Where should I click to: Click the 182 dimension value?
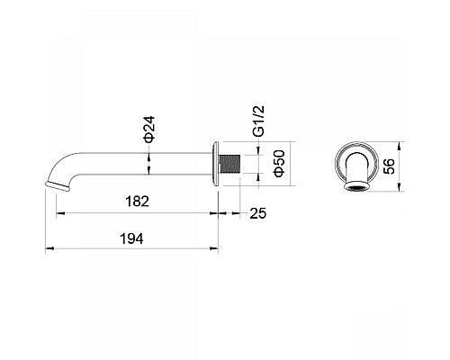pos(137,202)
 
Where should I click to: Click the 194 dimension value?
pos(131,238)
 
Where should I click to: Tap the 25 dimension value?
pos(258,213)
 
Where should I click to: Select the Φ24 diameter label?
pos(148,129)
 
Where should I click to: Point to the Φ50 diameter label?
pos(279,164)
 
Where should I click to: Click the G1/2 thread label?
pos(258,121)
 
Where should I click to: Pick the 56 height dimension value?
pos(389,166)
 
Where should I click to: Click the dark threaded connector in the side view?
pos(230,164)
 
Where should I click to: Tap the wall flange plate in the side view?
pos(215,164)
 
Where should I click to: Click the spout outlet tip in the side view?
pos(58,185)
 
